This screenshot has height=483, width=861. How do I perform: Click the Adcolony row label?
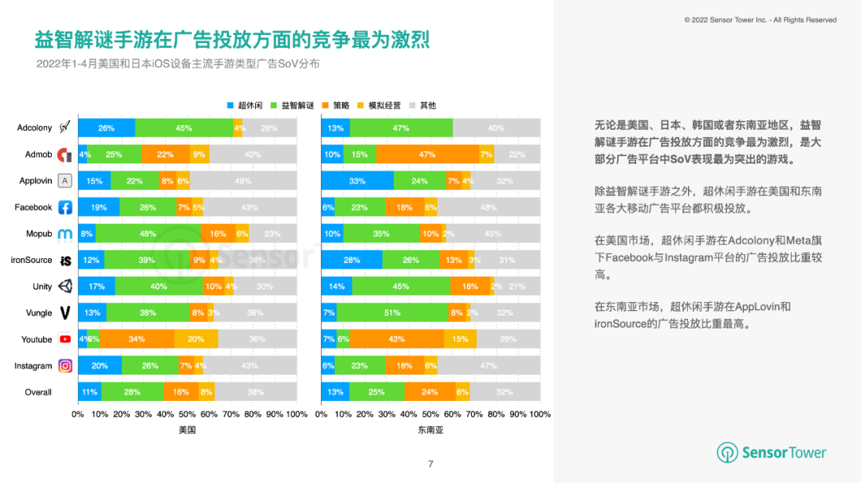click(x=33, y=128)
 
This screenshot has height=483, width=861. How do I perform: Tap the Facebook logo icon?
click(x=65, y=207)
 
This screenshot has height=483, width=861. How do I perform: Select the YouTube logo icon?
click(x=65, y=340)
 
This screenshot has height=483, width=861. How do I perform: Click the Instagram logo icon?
click(x=65, y=366)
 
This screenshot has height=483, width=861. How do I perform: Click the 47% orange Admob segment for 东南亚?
click(x=427, y=154)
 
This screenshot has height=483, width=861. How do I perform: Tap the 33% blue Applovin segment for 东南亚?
click(x=357, y=181)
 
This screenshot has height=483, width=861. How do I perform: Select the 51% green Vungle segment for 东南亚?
click(x=391, y=313)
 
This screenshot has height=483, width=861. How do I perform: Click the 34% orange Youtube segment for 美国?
click(x=136, y=340)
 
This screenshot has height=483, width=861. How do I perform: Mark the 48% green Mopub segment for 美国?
click(x=147, y=234)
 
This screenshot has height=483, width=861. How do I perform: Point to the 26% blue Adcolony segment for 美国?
click(x=106, y=128)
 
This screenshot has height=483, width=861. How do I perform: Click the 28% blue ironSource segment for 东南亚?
click(x=352, y=260)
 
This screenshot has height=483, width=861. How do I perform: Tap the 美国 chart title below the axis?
click(x=187, y=430)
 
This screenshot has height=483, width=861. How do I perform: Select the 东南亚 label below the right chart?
click(x=431, y=430)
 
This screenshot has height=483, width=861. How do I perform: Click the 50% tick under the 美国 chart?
click(x=187, y=414)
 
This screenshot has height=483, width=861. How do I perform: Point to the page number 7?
click(x=431, y=464)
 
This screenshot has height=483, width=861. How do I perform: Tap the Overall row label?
click(x=38, y=392)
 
